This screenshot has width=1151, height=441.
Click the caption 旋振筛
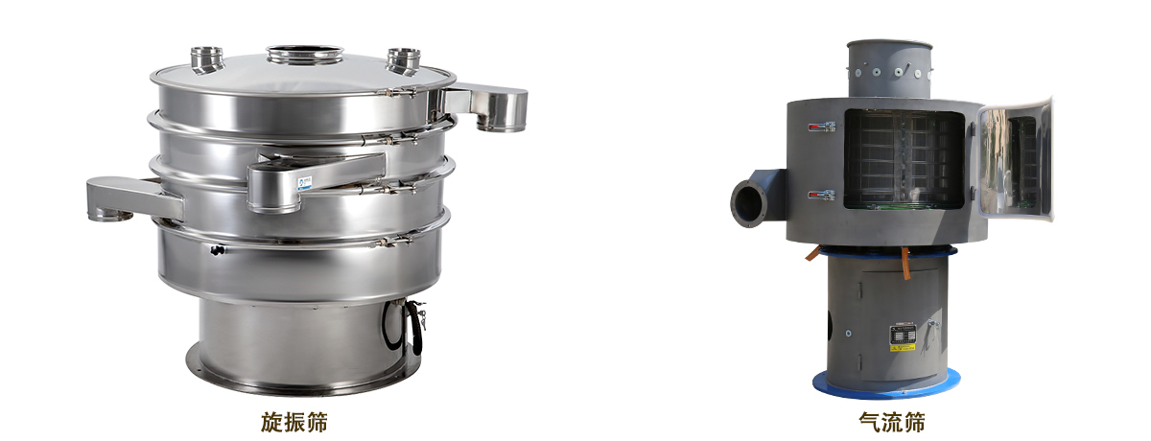click(294, 422)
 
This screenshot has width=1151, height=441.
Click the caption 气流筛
click(891, 422)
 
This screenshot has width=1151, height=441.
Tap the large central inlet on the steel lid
click(305, 55)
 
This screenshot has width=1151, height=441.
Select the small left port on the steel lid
click(206, 59)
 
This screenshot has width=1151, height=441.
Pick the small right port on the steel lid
click(404, 60)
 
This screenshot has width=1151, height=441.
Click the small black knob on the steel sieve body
click(218, 250)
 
